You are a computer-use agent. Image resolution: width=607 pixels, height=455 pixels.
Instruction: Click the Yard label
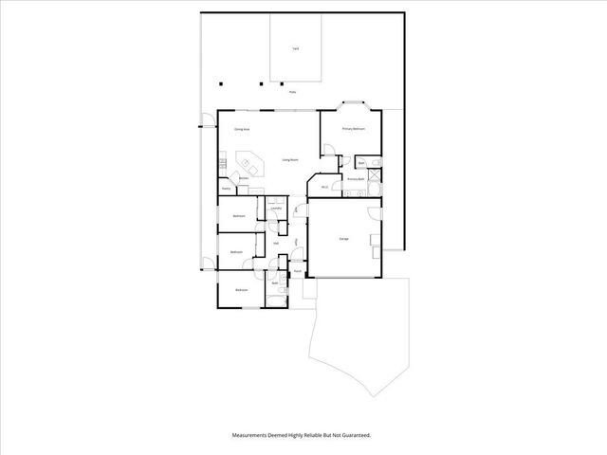pyautogui.click(x=296, y=47)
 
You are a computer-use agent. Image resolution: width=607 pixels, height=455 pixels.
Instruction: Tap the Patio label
pyautogui.click(x=292, y=93)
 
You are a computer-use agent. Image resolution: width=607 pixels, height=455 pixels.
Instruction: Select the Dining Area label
pyautogui.click(x=242, y=128)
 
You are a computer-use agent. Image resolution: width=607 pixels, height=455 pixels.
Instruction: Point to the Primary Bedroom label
pyautogui.click(x=354, y=128)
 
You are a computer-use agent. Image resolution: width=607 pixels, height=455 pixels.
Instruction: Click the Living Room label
pyautogui.click(x=290, y=160)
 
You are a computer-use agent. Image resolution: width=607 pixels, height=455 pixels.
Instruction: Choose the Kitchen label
pyautogui.click(x=244, y=178)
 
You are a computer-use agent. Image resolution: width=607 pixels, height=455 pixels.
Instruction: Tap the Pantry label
pyautogui.click(x=227, y=189)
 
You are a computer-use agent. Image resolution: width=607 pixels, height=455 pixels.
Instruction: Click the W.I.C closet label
pyautogui.click(x=324, y=187)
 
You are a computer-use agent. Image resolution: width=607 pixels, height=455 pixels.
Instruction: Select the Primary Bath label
pyautogui.click(x=356, y=178)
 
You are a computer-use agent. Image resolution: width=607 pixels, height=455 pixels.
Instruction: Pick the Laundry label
pyautogui.click(x=274, y=208)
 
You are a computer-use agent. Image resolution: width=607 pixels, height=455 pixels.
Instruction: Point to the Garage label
pyautogui.click(x=343, y=238)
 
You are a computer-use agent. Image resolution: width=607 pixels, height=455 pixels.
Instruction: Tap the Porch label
pyautogui.click(x=297, y=271)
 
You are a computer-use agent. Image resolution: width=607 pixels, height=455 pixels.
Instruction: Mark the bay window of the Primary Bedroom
pyautogui.click(x=355, y=103)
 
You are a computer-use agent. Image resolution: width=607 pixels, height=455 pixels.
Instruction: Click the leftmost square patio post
pyautogui.click(x=220, y=82)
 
